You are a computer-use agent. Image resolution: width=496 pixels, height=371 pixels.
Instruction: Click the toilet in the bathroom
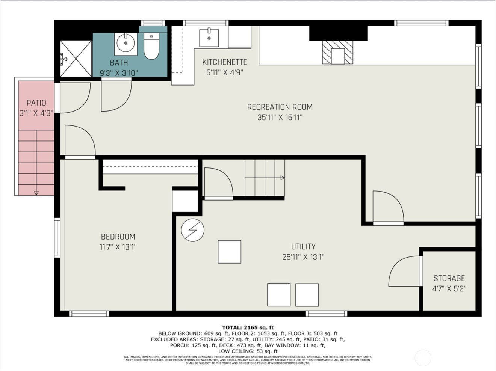pyautogui.click(x=151, y=47)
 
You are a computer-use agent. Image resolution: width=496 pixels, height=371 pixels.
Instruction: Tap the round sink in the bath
pyautogui.click(x=126, y=44)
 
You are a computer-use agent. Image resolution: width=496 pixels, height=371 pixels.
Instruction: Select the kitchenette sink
pyautogui.click(x=209, y=38)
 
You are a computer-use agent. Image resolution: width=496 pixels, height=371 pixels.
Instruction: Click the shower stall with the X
pyautogui.click(x=76, y=59)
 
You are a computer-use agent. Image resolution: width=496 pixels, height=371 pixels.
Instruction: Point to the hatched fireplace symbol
pyautogui.click(x=338, y=52)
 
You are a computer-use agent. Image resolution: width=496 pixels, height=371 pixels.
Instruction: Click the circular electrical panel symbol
pyautogui.click(x=192, y=230)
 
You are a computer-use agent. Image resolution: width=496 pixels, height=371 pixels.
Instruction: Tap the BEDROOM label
pyautogui.click(x=118, y=237)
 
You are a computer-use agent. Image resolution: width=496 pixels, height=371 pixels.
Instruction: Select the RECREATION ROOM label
pyautogui.click(x=280, y=107)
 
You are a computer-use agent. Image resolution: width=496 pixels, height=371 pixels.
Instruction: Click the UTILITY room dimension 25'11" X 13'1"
pyautogui.click(x=303, y=257)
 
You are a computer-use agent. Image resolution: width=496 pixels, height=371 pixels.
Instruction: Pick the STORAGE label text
pyautogui.click(x=449, y=278)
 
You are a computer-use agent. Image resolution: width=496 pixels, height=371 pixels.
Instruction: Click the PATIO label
pyautogui.click(x=36, y=103)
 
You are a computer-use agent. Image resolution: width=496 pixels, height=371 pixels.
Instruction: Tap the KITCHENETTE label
pyautogui.click(x=224, y=62)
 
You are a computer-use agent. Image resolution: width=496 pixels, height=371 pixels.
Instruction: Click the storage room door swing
pyautogui.click(x=404, y=271)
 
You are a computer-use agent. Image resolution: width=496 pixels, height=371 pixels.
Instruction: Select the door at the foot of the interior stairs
pyautogui.click(x=218, y=183)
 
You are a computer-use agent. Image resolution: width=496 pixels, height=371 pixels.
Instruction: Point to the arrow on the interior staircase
pyautogui.click(x=282, y=178)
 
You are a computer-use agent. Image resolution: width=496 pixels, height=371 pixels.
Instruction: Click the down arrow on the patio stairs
pyautogui.click(x=36, y=193)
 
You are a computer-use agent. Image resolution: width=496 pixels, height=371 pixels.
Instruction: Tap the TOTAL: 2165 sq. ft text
pyautogui.click(x=248, y=327)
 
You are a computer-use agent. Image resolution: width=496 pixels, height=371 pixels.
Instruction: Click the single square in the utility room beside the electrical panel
pyautogui.click(x=229, y=252)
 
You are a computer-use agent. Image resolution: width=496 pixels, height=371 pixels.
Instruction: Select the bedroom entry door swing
pyautogui.click(x=79, y=142)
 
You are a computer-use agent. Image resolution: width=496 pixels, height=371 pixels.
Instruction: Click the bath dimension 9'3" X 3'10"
pyautogui.click(x=119, y=73)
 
